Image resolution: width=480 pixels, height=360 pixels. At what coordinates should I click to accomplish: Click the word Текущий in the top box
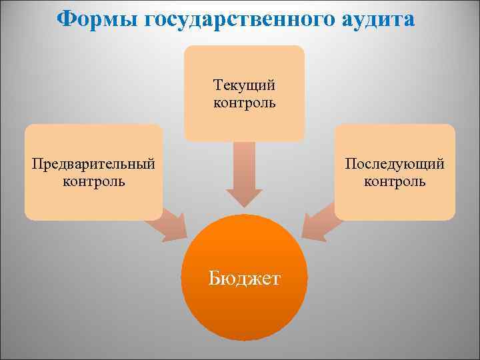(244, 86)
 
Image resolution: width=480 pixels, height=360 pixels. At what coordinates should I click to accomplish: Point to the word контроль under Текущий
(244, 103)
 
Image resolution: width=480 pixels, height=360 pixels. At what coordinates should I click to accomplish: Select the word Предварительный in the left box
(93, 164)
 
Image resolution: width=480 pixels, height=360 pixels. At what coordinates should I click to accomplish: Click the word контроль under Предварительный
(93, 181)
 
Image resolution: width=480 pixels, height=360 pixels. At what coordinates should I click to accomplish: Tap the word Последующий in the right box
(395, 164)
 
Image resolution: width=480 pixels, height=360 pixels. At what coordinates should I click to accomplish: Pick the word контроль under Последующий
(395, 181)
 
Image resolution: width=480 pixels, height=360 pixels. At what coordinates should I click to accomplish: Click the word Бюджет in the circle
(245, 277)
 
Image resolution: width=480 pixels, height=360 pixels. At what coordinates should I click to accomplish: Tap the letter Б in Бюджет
(215, 277)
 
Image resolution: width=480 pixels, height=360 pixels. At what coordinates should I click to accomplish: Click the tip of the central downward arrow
(244, 205)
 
